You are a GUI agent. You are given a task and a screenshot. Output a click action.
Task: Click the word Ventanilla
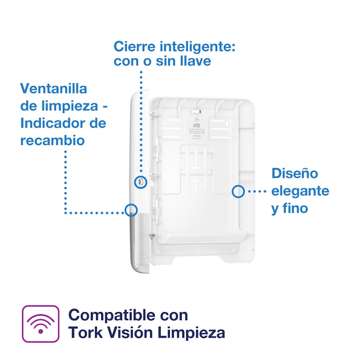(x=55, y=89)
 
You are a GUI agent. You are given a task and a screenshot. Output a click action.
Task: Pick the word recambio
(x=52, y=140)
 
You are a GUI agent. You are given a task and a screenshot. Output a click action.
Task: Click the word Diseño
(x=295, y=174)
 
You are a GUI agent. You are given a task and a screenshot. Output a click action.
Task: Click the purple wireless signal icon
(x=40, y=323)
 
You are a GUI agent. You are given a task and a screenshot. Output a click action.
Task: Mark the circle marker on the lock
(x=141, y=181)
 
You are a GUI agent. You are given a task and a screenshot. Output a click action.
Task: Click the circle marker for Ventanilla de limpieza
(x=131, y=210)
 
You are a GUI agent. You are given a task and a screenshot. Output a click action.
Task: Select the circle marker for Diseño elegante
(x=238, y=191)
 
